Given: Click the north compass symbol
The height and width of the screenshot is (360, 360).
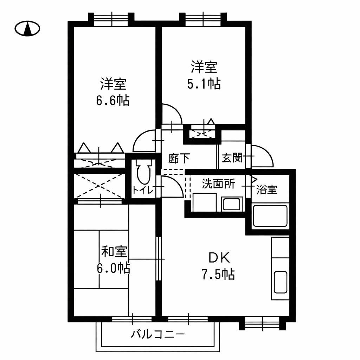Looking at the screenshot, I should coord(27,28).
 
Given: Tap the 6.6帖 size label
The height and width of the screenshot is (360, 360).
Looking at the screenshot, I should coord(113,101).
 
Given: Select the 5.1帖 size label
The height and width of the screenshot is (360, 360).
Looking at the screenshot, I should coord(204,84).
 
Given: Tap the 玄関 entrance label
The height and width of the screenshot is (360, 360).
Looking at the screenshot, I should coord(232,158).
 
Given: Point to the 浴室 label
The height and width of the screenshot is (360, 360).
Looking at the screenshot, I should coord(266,190).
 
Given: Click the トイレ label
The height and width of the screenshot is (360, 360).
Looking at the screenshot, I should coord(142,191).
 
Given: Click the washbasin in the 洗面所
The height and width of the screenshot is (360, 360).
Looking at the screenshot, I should coord(232,204).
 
